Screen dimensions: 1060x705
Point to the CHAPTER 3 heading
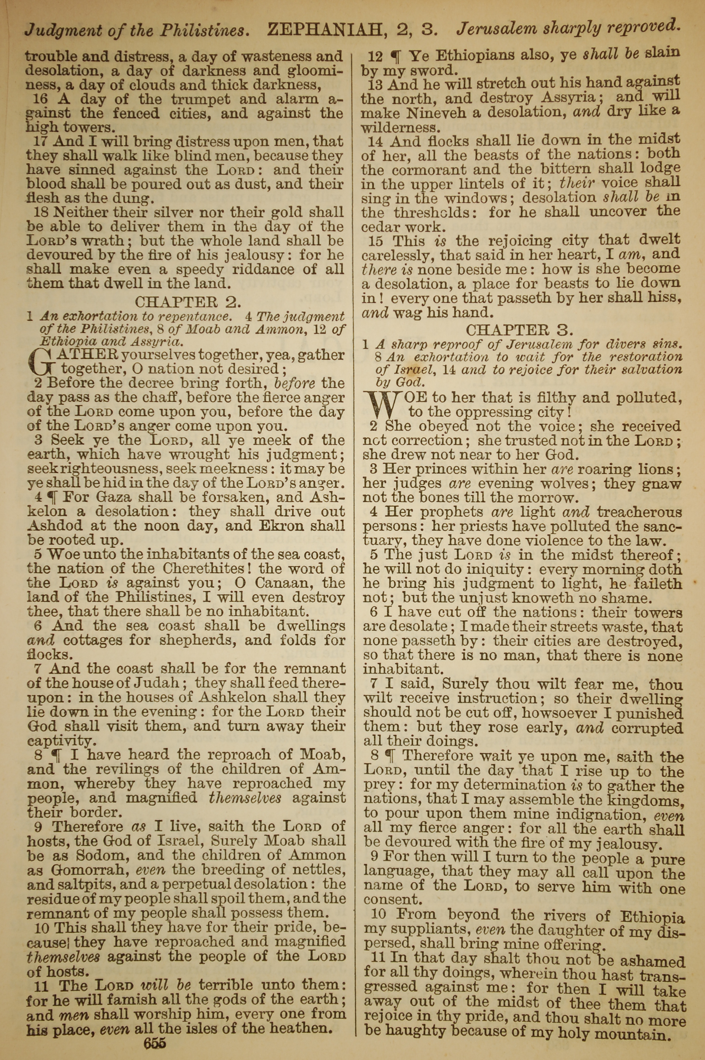click(x=519, y=330)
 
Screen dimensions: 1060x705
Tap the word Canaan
click(x=284, y=583)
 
